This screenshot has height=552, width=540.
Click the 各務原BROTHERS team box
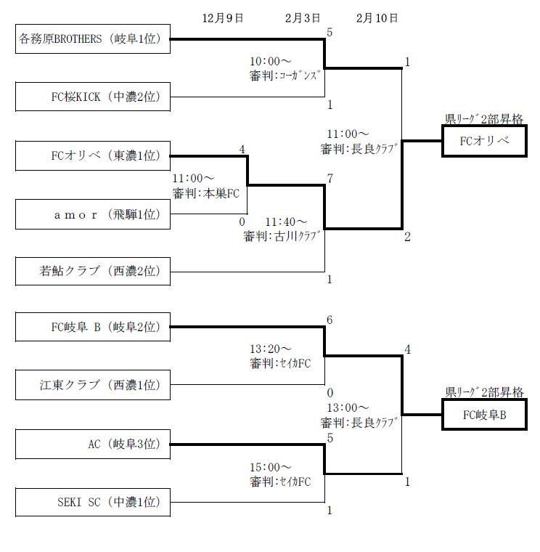click(x=93, y=39)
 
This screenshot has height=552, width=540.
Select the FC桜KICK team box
click(x=93, y=96)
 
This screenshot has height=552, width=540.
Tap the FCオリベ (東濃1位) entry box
click(x=93, y=155)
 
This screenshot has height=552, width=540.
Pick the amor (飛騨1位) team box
click(x=93, y=214)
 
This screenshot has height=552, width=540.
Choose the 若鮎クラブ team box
click(x=93, y=272)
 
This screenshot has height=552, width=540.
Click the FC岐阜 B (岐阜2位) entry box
click(x=93, y=328)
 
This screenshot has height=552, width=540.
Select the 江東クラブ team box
click(x=93, y=385)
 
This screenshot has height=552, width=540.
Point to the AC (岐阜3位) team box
click(x=93, y=445)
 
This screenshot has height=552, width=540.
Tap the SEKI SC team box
click(x=93, y=502)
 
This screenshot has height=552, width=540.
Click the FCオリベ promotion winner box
click(x=484, y=141)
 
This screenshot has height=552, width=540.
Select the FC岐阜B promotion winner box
click(x=484, y=415)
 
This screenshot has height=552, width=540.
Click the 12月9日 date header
click(x=223, y=17)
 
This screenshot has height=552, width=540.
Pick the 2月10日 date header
click(x=377, y=17)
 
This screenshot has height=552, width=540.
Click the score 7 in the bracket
click(x=330, y=179)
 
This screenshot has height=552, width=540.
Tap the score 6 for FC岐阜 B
click(x=330, y=320)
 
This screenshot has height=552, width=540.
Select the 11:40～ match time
click(x=286, y=222)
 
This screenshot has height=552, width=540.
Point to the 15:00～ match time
click(x=271, y=467)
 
